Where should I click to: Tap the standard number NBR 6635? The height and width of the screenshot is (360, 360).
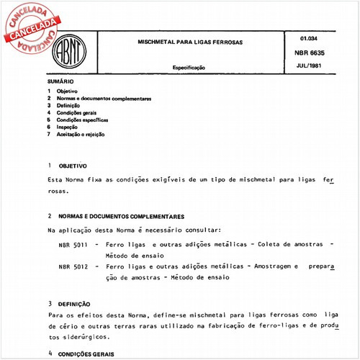319,52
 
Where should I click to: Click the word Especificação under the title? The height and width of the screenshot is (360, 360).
189,67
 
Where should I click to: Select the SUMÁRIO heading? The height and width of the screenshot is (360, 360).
59,83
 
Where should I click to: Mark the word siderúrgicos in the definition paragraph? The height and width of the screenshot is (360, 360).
86,337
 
